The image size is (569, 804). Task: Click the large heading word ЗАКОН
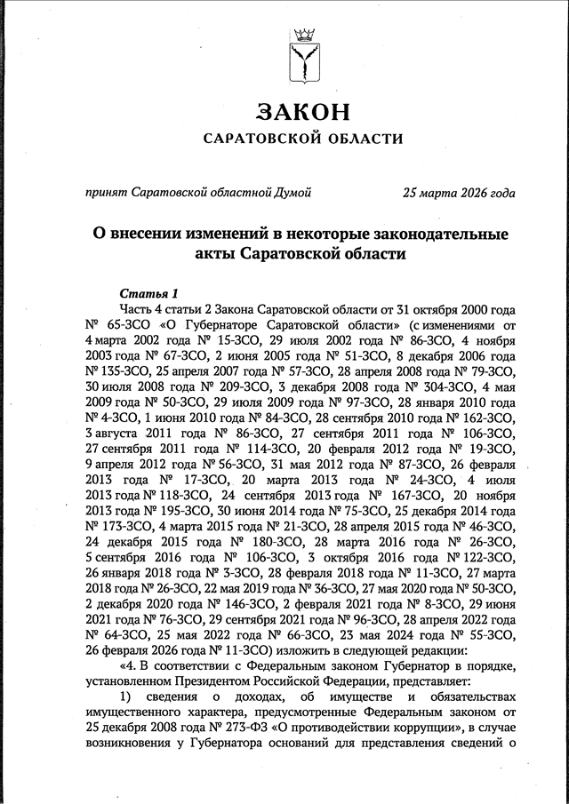coord(302,113)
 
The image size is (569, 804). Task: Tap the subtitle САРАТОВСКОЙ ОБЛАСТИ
coord(302,139)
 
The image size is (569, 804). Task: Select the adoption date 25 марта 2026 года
coord(458,191)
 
